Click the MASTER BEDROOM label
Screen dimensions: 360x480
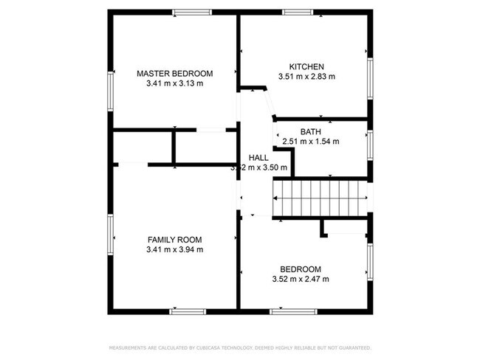tap(175, 74)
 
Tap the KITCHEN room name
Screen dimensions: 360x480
tap(306, 66)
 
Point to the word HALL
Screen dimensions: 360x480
tap(258, 158)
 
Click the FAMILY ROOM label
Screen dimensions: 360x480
tap(174, 240)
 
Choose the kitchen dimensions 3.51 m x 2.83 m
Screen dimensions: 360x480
tap(306, 77)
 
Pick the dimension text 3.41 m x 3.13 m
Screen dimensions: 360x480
tap(175, 83)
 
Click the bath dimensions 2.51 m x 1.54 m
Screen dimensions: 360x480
tap(310, 141)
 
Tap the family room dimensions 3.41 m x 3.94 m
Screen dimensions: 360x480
tap(174, 249)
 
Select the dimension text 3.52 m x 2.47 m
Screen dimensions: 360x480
tap(300, 279)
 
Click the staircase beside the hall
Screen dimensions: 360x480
tap(320, 198)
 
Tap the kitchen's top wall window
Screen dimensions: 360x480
tap(297, 12)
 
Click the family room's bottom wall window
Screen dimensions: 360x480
tap(188, 311)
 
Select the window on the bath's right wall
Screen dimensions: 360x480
tap(370, 145)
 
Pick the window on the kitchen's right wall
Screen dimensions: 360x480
tap(370, 77)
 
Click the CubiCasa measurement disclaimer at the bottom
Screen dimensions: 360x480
tap(240, 347)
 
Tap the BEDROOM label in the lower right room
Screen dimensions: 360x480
tap(300, 269)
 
